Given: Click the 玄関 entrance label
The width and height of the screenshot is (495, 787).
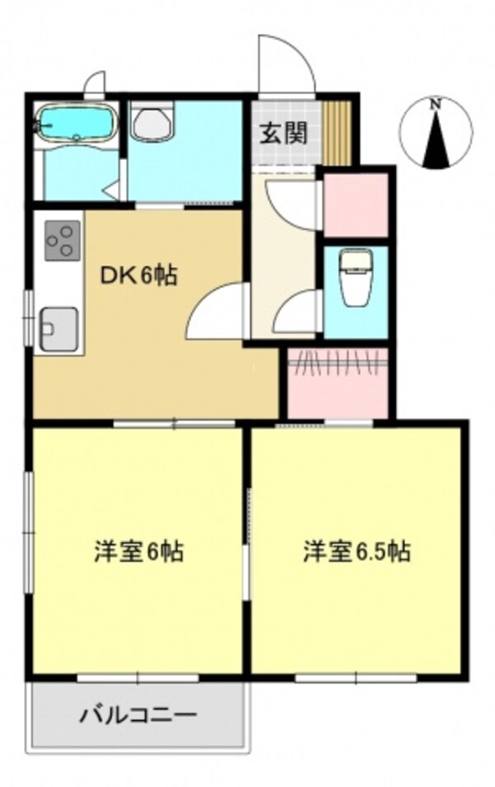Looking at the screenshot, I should tap(285, 134).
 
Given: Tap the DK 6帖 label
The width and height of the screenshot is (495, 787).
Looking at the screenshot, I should tap(139, 276).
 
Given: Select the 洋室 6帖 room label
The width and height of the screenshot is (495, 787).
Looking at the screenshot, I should tap(139, 550).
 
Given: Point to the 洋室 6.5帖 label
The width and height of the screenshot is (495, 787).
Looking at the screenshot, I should tap(356, 550).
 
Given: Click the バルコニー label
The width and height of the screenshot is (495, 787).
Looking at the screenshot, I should tap(138, 714).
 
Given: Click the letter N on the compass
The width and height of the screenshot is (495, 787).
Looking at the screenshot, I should tap(436, 104).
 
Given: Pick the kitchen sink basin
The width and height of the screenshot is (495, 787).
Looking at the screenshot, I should tap(59, 328).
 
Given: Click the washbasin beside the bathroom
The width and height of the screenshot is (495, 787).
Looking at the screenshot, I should tap(153, 124).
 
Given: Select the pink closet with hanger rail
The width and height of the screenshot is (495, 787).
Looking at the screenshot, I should tap(337, 382).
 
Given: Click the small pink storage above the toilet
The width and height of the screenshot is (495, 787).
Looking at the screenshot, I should tap(356, 205).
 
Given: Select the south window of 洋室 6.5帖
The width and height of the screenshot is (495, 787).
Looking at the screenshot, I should tap(356, 678).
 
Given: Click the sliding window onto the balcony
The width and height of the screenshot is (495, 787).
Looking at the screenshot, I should tap(138, 678).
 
